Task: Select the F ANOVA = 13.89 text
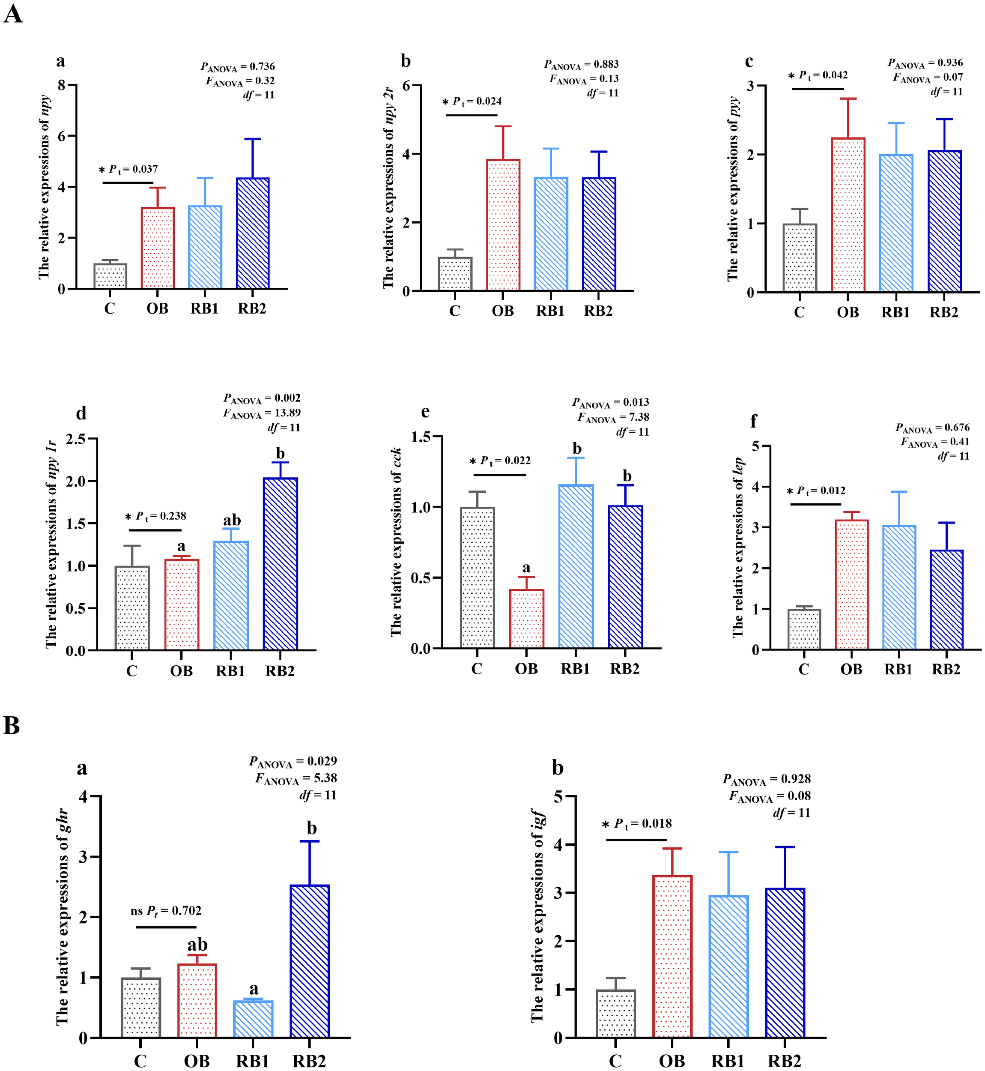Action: [261, 413]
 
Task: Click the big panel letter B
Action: [12, 726]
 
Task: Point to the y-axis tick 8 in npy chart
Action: [62, 85]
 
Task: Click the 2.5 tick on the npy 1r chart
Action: [76, 439]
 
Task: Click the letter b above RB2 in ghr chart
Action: [311, 829]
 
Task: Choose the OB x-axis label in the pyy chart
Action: [848, 312]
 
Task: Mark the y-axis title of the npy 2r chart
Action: [389, 188]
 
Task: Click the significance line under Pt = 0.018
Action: [636, 840]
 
